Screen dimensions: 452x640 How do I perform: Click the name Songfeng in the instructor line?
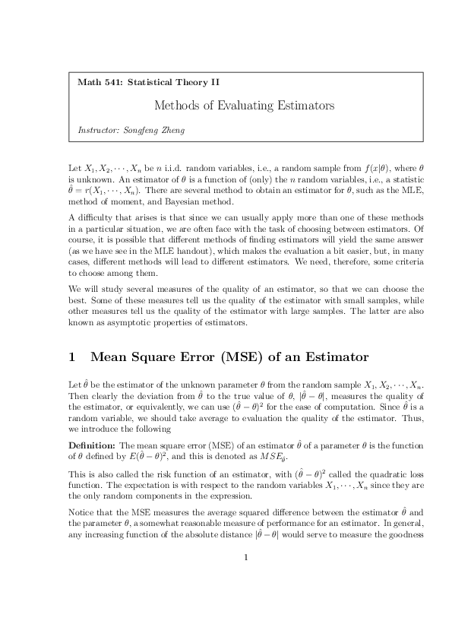click(x=144, y=129)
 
